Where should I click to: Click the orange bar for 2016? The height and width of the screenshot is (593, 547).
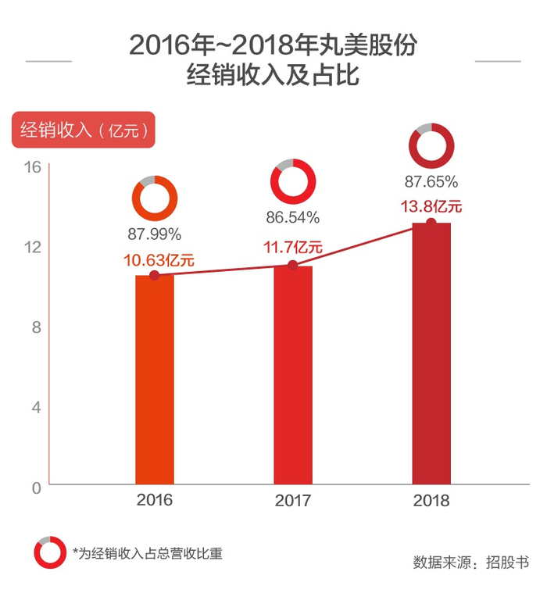(154, 383)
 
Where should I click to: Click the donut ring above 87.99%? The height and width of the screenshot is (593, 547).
(154, 197)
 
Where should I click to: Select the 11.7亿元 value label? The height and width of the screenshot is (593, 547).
(293, 248)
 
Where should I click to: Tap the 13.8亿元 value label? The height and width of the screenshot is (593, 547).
(431, 206)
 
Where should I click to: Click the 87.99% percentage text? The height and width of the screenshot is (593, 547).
(154, 233)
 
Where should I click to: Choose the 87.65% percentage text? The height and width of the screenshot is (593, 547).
(431, 182)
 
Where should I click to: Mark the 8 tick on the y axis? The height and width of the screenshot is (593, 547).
(36, 327)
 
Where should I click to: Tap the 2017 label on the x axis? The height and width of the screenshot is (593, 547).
(293, 500)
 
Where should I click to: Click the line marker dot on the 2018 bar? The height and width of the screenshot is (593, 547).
(431, 223)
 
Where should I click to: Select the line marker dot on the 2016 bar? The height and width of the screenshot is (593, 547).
(154, 276)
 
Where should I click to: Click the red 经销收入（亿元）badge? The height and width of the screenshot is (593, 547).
(83, 130)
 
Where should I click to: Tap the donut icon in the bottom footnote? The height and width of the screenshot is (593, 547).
(49, 552)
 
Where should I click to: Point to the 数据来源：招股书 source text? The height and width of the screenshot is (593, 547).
(470, 563)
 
